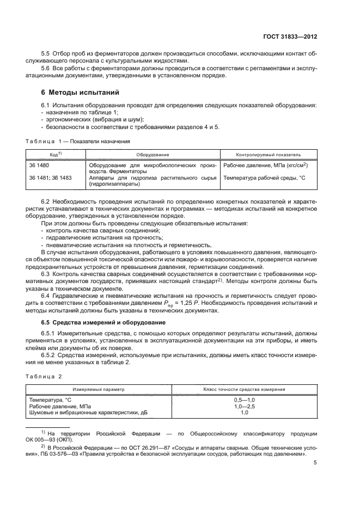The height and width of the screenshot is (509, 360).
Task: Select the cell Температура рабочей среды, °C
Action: (x=264, y=177)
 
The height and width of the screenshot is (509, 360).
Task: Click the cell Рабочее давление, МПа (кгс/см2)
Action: (x=266, y=164)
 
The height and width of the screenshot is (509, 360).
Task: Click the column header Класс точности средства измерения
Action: (x=245, y=390)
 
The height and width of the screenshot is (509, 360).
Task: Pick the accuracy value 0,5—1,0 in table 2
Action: (x=245, y=400)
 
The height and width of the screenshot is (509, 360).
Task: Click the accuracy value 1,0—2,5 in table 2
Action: (x=245, y=406)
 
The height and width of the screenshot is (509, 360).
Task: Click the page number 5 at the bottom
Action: (x=315, y=463)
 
